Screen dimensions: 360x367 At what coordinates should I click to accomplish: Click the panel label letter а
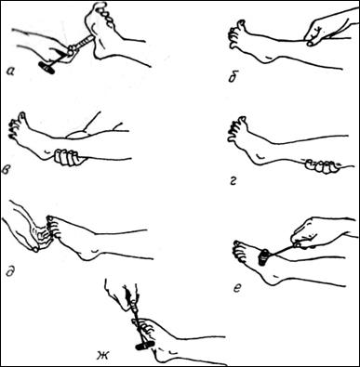10,72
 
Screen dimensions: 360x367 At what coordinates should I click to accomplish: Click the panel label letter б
232,78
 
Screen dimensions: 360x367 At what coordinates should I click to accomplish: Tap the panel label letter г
233,181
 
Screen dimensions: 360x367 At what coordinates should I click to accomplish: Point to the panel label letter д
10,272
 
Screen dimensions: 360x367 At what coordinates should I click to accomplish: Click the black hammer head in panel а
47,68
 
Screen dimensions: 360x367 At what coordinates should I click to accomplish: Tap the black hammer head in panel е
264,256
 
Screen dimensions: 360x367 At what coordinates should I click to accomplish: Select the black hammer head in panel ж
145,345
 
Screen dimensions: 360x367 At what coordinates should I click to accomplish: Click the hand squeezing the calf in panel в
69,157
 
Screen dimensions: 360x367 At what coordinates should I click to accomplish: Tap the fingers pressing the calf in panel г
322,165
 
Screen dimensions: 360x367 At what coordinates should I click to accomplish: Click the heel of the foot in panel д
87,255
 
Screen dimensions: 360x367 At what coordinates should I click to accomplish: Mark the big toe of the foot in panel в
22,118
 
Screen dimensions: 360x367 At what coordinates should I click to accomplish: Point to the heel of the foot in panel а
100,53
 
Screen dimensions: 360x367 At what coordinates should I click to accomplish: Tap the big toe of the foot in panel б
240,24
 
